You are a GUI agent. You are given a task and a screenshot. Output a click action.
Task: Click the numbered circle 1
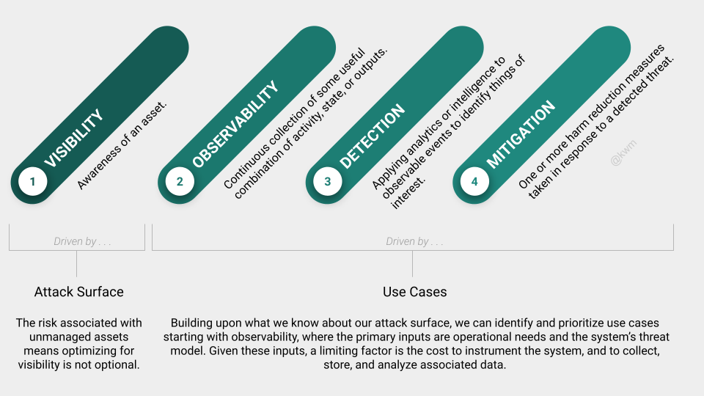[x=32, y=181]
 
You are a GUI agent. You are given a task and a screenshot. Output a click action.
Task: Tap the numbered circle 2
[x=180, y=181]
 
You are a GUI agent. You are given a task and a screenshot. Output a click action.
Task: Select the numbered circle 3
[x=327, y=181]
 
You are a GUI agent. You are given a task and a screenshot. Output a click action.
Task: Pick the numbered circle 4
[x=474, y=181]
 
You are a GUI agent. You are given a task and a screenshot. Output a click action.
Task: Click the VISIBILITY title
[x=74, y=139]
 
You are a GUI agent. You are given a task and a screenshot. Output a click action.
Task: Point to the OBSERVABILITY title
[x=235, y=125]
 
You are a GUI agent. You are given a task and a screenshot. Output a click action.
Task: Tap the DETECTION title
[x=373, y=136]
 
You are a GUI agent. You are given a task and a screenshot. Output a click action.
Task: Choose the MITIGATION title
[x=521, y=135]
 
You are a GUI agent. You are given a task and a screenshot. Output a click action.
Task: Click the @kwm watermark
[x=623, y=153]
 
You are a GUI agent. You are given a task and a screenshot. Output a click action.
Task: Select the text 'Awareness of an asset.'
[x=122, y=145]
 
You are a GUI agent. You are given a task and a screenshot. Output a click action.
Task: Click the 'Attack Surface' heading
[x=79, y=292]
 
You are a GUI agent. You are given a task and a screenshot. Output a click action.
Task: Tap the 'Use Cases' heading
[x=415, y=292]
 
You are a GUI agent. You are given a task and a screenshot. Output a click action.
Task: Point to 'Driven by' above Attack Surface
[x=75, y=241]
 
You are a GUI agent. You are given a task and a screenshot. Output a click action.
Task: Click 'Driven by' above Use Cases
[x=407, y=241]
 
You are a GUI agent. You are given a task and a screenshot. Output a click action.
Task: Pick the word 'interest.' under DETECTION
[x=408, y=193]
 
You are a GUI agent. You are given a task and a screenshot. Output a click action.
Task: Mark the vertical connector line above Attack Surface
[x=77, y=263]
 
